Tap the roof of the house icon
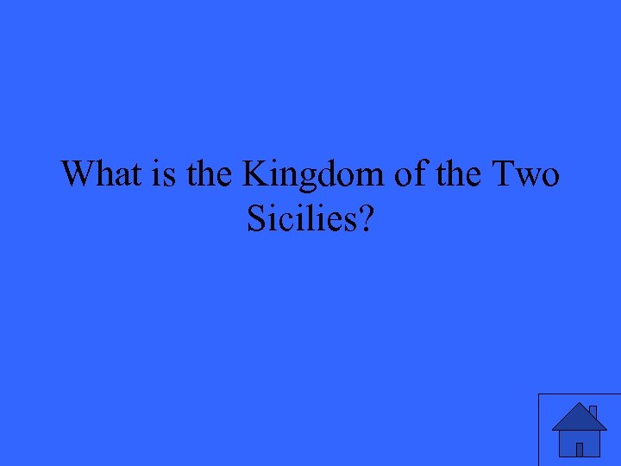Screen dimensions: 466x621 tap(580, 418)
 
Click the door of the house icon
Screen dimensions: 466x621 tap(580, 449)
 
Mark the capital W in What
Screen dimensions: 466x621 tap(77, 175)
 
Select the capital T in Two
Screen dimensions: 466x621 tap(505, 175)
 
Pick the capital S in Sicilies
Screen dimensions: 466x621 tap(255, 220)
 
